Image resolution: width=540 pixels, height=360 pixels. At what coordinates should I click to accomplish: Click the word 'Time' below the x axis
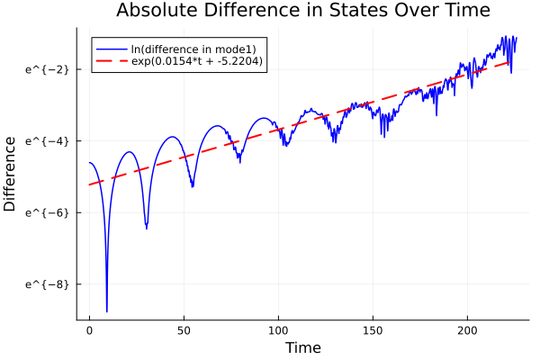(x=302, y=347)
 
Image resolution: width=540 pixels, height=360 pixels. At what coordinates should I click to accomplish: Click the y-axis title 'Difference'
(x=11, y=174)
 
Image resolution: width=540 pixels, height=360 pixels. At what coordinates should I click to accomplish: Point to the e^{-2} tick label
(x=42, y=69)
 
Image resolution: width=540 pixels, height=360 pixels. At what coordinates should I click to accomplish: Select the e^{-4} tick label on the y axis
(x=42, y=140)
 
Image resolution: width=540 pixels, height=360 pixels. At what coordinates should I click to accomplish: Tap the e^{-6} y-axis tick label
(x=42, y=212)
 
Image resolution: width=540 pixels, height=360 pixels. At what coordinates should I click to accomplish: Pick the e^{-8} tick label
(x=42, y=283)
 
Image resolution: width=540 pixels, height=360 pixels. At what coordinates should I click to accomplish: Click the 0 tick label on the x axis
(x=89, y=330)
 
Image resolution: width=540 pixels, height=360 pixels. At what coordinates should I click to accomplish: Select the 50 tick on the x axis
(x=184, y=330)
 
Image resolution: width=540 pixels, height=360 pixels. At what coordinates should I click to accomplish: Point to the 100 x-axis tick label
(x=278, y=330)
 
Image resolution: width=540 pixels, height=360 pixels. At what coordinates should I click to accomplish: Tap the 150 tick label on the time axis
(x=373, y=330)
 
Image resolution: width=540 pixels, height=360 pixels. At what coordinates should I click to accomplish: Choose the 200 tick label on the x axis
(x=467, y=330)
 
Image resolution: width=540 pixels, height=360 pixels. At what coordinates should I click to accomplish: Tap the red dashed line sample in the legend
(x=112, y=61)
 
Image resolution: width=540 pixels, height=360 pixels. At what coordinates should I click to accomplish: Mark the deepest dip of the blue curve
(x=106, y=310)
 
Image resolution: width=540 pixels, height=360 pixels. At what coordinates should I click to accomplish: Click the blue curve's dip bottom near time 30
(x=147, y=228)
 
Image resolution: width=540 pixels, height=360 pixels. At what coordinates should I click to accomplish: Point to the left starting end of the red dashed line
(x=89, y=184)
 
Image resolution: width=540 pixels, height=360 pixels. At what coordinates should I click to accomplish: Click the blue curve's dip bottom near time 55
(x=193, y=186)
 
